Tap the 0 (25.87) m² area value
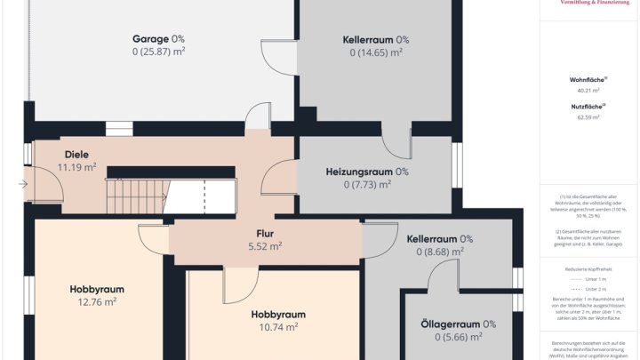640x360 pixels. [158, 52]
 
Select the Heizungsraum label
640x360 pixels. [367, 172]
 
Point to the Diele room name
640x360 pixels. [76, 154]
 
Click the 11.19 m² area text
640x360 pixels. [76, 166]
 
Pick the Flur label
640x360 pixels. [265, 234]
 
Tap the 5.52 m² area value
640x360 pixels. [265, 246]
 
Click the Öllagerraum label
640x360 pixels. [458, 324]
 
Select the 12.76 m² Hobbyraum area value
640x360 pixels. [97, 301]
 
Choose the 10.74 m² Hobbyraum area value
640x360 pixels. [278, 327]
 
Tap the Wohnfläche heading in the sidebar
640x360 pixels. [588, 80]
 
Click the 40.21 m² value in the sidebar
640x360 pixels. [588, 91]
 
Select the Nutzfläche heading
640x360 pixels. [588, 107]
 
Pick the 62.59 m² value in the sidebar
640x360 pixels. [588, 116]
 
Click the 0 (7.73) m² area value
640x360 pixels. [367, 185]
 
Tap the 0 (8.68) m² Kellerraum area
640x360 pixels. [439, 252]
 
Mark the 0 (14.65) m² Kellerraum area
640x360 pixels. [375, 52]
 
